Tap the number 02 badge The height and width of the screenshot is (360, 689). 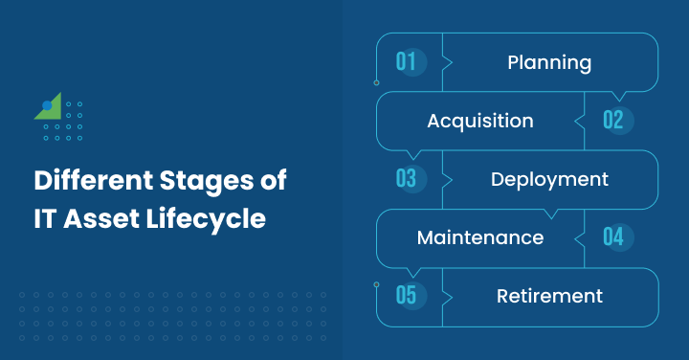613,121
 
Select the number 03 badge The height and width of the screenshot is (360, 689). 406,179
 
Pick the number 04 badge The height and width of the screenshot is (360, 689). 613,236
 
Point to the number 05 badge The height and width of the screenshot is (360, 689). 406,295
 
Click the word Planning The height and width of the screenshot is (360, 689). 549,63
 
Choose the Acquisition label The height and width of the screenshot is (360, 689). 480,121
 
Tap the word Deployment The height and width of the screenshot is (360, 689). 549,179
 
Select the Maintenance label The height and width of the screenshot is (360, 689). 480,236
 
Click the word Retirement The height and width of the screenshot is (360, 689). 549,295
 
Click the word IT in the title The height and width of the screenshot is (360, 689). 46,218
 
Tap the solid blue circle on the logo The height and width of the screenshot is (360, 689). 47,105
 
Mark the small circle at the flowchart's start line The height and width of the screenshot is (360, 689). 376,83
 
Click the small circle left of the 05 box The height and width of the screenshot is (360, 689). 376,285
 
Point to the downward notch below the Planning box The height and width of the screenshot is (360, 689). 618,97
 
